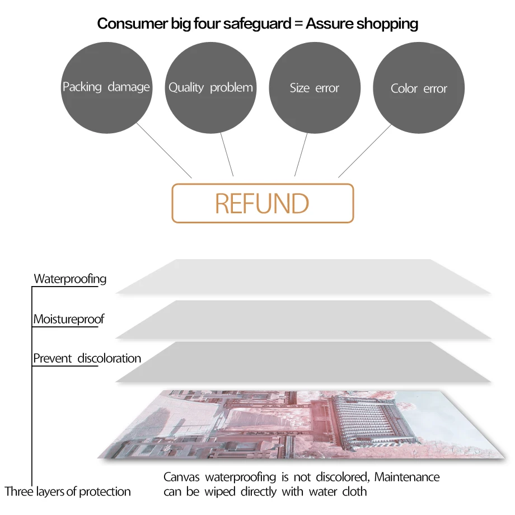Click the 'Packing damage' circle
pos(106,88)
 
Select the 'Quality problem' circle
pos(210,88)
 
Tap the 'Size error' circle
pos(315,88)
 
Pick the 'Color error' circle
pos(419,88)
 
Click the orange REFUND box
pos(263,203)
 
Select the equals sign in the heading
pos(298,24)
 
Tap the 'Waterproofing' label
pos(70,279)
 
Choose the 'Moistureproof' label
pos(69,320)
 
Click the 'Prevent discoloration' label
pos(87,358)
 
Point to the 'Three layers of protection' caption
pos(68,492)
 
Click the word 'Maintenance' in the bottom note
pos(407,477)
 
